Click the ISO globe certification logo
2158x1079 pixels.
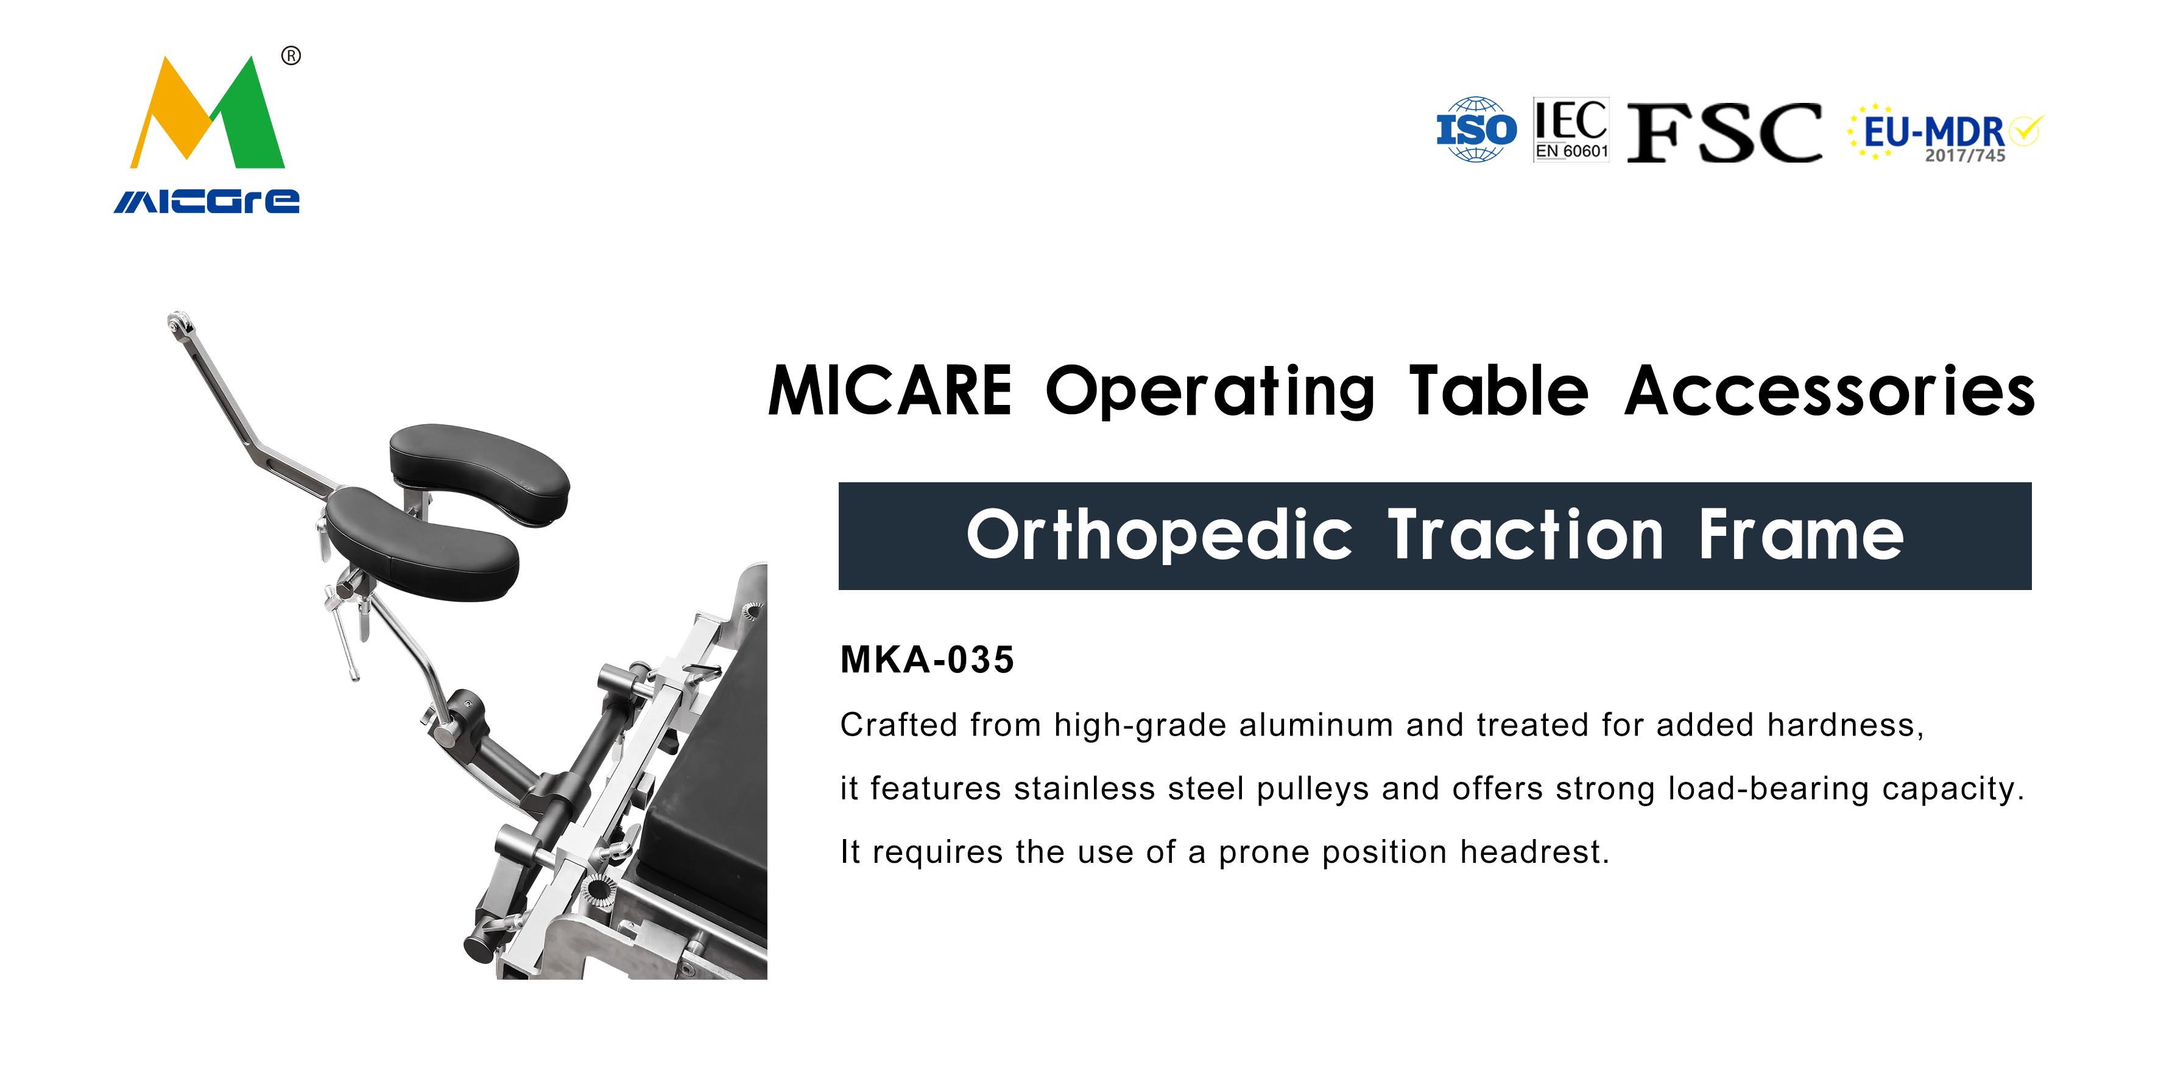[1476, 129]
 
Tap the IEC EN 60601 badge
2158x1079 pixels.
[1571, 129]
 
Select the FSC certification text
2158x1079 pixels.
[1724, 132]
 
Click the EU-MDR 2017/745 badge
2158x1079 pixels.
[1945, 132]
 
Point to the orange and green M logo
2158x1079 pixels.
[208, 113]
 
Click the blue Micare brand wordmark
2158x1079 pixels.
[207, 201]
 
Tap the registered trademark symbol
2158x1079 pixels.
[291, 56]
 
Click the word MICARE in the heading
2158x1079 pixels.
[890, 390]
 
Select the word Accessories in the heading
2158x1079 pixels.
[1830, 390]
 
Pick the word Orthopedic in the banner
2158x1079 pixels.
[1160, 536]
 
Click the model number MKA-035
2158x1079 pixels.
[928, 660]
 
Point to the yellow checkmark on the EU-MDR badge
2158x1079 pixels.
[2026, 130]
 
